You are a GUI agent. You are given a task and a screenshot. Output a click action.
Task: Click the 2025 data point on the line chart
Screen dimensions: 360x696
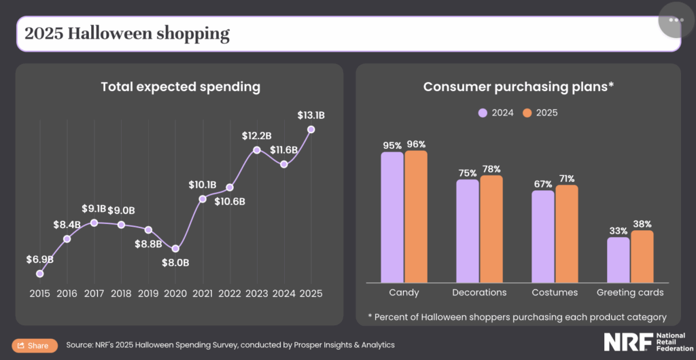tap(311, 129)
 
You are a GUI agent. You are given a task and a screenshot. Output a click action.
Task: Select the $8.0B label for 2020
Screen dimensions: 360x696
tap(175, 262)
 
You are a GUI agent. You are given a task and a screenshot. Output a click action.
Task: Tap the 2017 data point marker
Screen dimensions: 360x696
tap(94, 223)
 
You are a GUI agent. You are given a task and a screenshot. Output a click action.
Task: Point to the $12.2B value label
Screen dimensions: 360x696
tap(256, 136)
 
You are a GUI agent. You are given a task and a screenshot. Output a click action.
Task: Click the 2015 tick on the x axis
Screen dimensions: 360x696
tap(39, 293)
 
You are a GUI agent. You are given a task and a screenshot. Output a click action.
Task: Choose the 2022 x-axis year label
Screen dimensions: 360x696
tap(230, 293)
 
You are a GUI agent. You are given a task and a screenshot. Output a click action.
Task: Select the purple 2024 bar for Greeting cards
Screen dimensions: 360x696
tap(618, 259)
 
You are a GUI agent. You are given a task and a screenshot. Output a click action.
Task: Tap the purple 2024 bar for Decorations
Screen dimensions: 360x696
tap(467, 231)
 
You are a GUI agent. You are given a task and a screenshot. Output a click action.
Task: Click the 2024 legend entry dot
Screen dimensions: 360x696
tap(483, 113)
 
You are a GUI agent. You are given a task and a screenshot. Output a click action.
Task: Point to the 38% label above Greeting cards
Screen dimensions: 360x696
tap(642, 224)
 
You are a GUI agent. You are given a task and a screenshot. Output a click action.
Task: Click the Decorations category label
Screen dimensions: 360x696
tap(479, 293)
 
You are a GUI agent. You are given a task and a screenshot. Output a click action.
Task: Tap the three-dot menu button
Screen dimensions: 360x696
tap(676, 20)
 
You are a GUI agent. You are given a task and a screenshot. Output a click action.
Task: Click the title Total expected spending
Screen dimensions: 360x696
tap(180, 87)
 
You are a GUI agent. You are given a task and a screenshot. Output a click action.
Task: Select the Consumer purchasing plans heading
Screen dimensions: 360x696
tap(519, 87)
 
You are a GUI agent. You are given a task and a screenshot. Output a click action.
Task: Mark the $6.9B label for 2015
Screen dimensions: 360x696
tap(39, 259)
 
